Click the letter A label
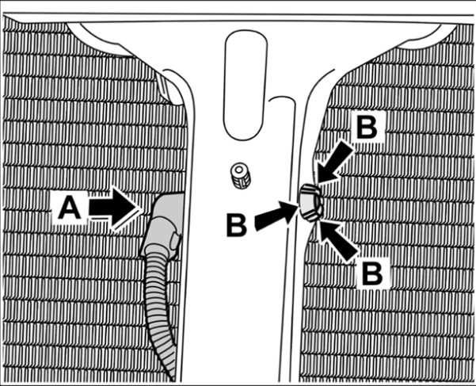click(70, 208)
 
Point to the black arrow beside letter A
click(113, 208)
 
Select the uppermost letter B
click(367, 128)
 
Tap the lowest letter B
click(373, 272)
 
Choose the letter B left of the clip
click(237, 226)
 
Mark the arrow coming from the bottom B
click(337, 241)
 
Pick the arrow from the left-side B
click(276, 215)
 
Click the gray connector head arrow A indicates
click(162, 224)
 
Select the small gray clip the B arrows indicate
click(310, 203)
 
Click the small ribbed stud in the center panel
click(241, 175)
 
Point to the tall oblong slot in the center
click(246, 86)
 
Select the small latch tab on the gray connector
click(175, 239)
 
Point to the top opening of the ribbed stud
click(240, 168)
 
